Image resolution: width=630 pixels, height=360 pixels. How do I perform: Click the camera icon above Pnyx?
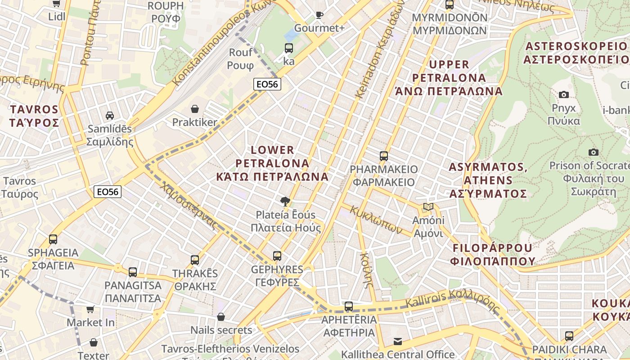pos(563,94)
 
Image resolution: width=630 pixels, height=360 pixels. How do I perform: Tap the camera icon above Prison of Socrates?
pos(594,152)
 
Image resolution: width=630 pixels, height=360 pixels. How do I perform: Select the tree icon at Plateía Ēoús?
pos(285,201)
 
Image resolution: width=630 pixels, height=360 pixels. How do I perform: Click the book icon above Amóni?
pos(428,207)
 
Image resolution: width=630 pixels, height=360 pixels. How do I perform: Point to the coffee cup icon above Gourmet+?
pos(319,15)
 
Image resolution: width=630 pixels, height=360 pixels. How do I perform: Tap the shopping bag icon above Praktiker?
pos(195,109)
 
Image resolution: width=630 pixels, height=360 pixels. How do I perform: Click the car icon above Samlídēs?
pos(110,116)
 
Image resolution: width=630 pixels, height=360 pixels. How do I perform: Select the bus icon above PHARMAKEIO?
pos(384,156)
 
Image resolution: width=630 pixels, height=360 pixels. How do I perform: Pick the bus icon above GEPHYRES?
pos(277,256)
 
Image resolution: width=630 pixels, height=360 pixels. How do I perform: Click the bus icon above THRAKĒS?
pos(195,260)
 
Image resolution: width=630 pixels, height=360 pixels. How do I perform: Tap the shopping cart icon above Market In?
pos(90,310)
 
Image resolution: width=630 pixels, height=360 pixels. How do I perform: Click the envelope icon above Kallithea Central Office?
pos(398,342)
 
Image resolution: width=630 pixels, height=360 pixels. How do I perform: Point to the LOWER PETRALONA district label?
pos(272,162)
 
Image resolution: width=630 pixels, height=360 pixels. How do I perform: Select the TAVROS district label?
pos(34,116)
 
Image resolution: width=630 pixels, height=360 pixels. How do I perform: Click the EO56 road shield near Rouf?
pos(267,84)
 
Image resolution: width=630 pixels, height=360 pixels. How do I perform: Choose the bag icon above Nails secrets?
pos(220,317)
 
